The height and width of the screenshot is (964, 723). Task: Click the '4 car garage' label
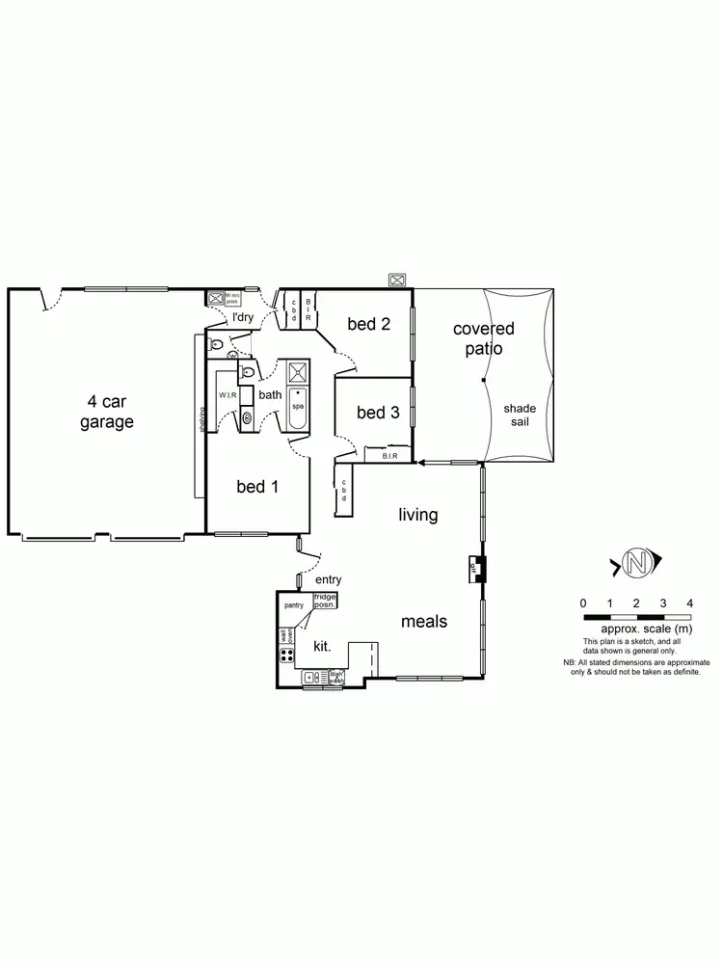[x=106, y=412]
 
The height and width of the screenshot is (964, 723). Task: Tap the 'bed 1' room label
[x=257, y=487]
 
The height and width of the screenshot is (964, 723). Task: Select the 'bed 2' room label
[x=368, y=324]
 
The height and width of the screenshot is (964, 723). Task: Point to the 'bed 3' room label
[x=378, y=413]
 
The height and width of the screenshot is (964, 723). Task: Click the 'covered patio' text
[x=484, y=338]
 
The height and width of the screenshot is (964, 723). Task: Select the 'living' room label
[x=418, y=515]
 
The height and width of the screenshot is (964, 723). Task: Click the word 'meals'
[x=424, y=622]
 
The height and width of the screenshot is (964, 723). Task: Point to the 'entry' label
[x=328, y=579]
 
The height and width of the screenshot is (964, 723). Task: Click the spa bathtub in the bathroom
[x=298, y=411]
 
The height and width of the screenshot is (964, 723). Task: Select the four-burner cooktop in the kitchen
[x=286, y=656]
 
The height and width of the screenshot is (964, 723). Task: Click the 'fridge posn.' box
[x=325, y=601]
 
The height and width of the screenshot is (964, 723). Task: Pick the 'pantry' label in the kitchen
[x=294, y=605]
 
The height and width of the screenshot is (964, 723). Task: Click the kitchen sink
[x=315, y=680]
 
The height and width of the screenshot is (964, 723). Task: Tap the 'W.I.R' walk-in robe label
[x=228, y=395]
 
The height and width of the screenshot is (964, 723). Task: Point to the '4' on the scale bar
[x=689, y=602]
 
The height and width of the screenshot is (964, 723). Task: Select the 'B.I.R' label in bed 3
[x=389, y=456]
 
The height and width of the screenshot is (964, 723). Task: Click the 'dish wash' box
[x=336, y=678]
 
